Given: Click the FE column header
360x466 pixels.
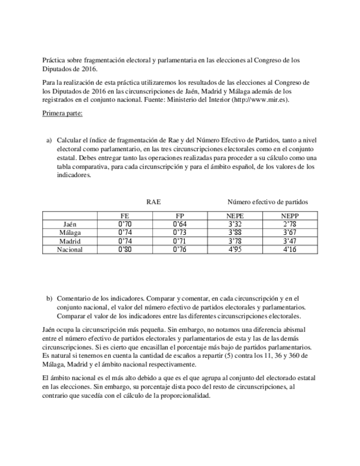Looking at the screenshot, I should click(126, 217).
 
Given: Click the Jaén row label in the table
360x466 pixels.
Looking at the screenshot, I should click(70, 224).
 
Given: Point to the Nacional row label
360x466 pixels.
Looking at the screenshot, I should click(70, 249).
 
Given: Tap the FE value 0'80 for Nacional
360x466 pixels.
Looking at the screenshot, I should click(126, 249).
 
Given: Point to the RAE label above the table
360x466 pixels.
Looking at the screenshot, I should click(153, 202).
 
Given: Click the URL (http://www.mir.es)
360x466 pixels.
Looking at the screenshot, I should click(261, 100).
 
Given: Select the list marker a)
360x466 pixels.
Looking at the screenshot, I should click(49, 140).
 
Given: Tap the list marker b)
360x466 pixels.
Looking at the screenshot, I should click(49, 298).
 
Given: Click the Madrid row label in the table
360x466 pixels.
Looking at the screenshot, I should click(70, 241).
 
